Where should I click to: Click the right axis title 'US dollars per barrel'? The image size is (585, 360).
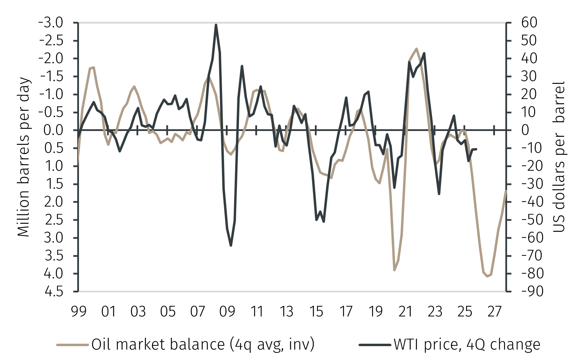pyautogui.click(x=558, y=157)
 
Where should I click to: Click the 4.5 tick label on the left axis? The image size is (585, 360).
pyautogui.click(x=54, y=291)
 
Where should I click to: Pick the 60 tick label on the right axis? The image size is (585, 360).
pyautogui.click(x=529, y=23)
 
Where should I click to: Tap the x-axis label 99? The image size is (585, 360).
pyautogui.click(x=79, y=312)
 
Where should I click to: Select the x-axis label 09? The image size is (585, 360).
pyautogui.click(x=227, y=312)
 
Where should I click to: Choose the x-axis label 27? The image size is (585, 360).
pyautogui.click(x=494, y=312)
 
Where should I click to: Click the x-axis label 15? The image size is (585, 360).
pyautogui.click(x=316, y=312)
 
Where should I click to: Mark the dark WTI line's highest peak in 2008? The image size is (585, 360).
pyautogui.click(x=216, y=25)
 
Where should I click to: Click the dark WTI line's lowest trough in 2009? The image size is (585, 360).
pyautogui.click(x=231, y=246)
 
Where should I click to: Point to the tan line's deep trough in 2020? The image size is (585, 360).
pyautogui.click(x=395, y=270)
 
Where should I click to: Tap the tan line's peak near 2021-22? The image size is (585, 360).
pyautogui.click(x=416, y=49)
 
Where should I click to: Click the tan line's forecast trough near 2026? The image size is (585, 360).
pyautogui.click(x=487, y=276)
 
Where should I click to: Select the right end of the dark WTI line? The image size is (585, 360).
pyautogui.click(x=477, y=149)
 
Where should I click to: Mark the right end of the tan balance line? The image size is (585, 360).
pyautogui.click(x=506, y=191)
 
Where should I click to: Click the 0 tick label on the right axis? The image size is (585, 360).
pyautogui.click(x=525, y=130)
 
